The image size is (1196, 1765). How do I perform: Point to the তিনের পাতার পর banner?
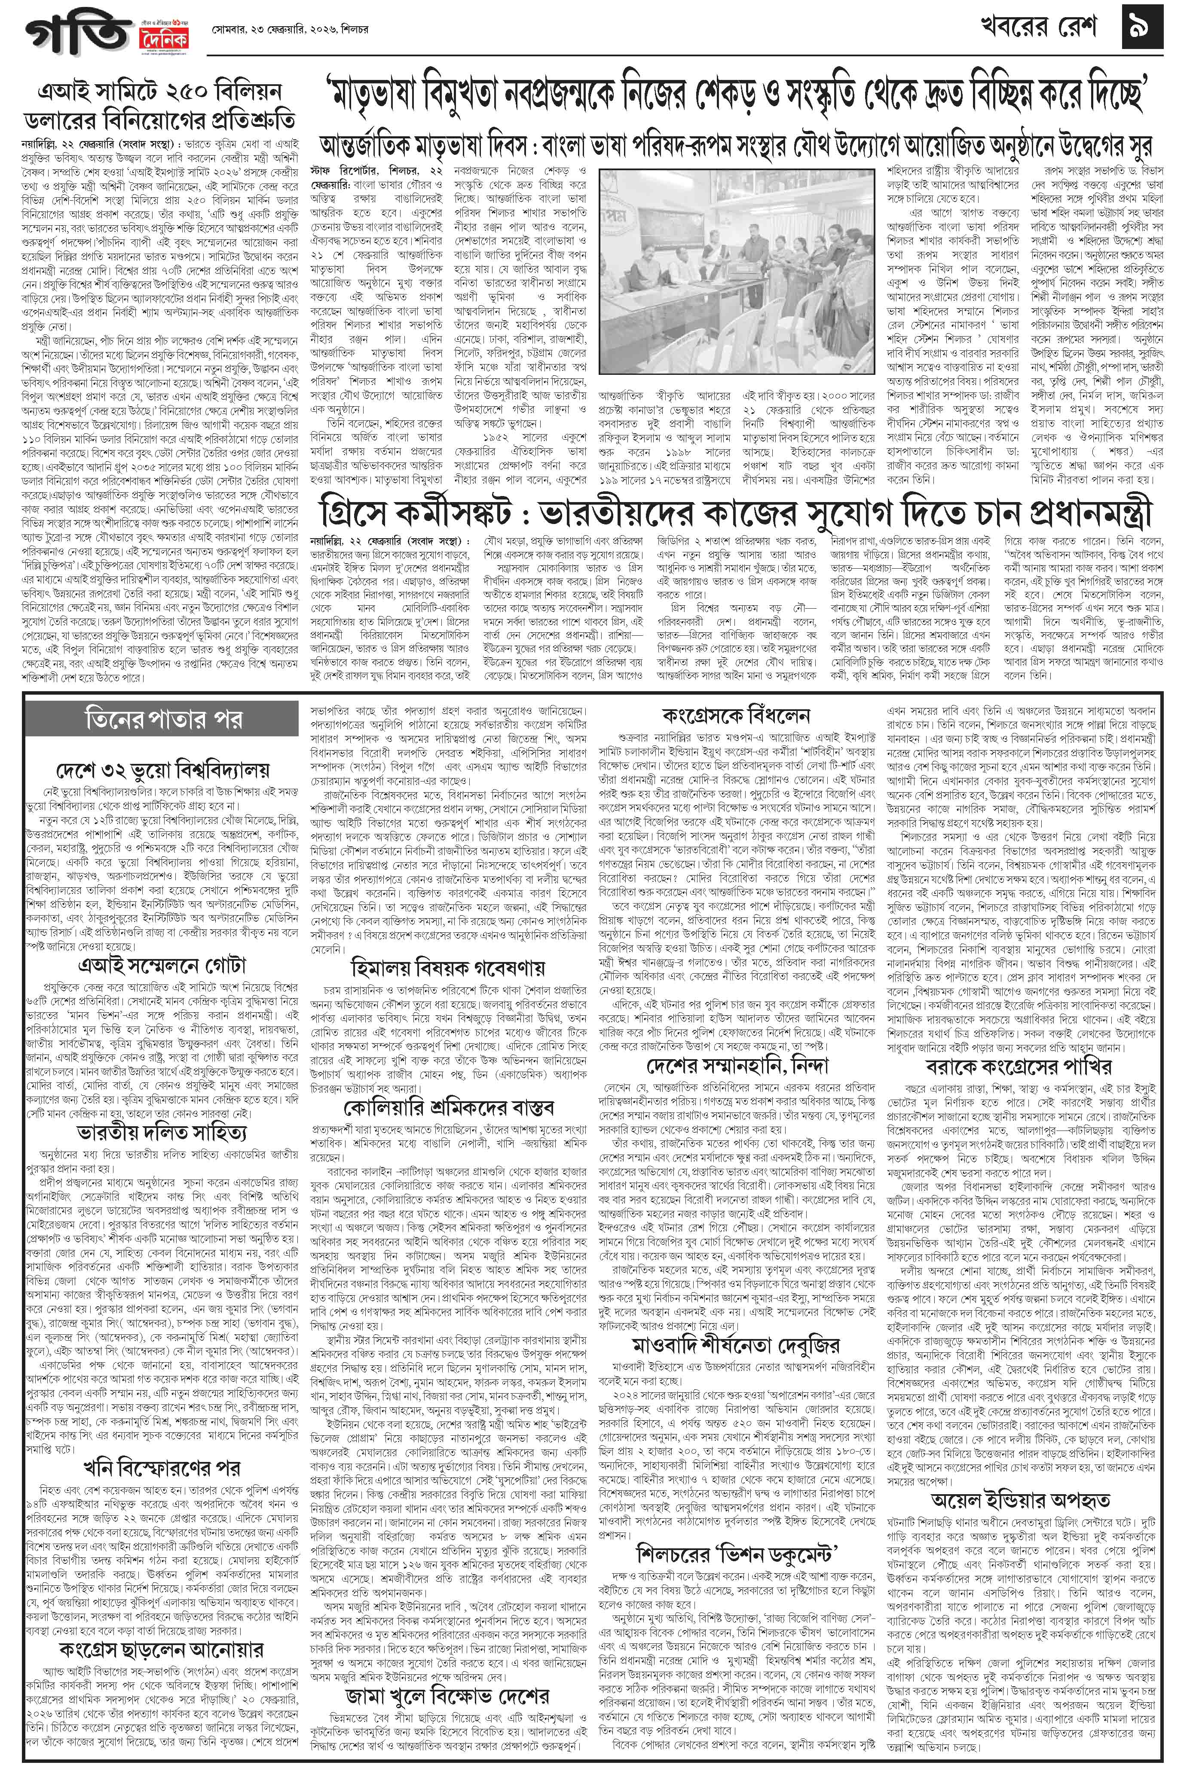pyautogui.click(x=164, y=718)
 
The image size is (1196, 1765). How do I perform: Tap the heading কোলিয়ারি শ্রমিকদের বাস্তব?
pyautogui.click(x=448, y=1106)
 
